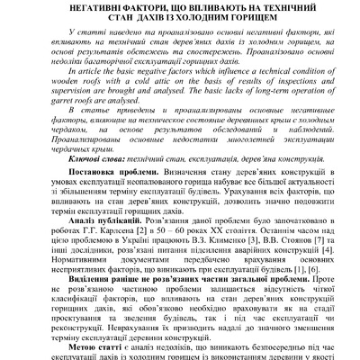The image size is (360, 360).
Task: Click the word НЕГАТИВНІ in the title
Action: pyautogui.click(x=94, y=6)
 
